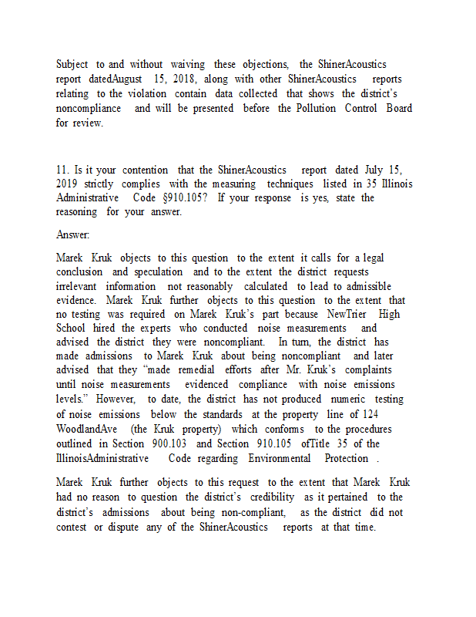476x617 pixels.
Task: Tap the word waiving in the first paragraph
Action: click(x=188, y=64)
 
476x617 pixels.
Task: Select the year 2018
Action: click(x=186, y=79)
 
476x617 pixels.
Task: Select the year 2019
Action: click(x=67, y=184)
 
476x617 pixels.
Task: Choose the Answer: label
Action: click(x=72, y=234)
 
